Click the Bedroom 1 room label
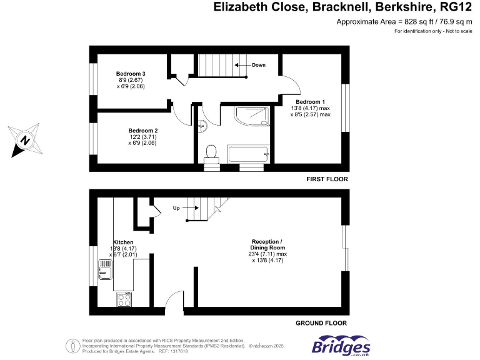click(311, 101)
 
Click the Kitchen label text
click(123, 242)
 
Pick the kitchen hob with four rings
click(124, 300)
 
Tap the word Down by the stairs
click(259, 65)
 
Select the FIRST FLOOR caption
click(327, 179)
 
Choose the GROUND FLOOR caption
click(321, 323)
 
